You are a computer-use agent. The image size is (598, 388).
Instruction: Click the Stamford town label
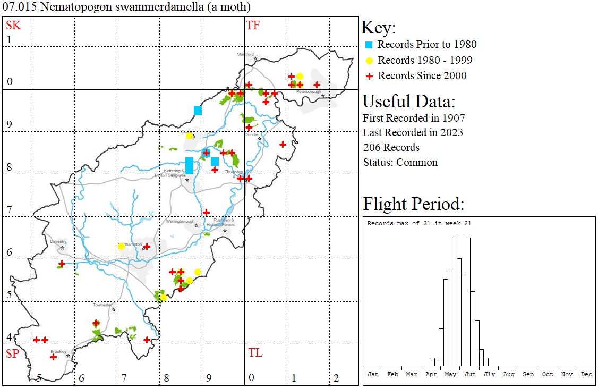tap(245, 54)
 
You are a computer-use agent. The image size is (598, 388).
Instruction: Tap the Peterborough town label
tap(309, 92)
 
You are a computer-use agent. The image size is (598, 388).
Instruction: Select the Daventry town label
tap(58, 241)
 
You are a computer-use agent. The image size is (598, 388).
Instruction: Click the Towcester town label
tap(102, 305)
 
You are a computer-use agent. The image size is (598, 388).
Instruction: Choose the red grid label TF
tap(253, 25)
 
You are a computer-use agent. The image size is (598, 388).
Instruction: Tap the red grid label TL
tap(255, 353)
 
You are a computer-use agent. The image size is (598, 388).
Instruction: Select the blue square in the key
tap(369, 45)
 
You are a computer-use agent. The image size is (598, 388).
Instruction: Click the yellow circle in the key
tap(369, 61)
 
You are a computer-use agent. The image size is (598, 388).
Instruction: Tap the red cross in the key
tap(369, 76)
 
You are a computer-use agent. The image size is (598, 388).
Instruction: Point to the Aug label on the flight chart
tap(508, 374)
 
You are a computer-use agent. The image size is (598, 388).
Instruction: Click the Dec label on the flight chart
tap(586, 374)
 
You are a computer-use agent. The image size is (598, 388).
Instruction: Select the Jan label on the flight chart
tap(373, 374)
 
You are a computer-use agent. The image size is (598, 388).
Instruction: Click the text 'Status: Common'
tap(400, 162)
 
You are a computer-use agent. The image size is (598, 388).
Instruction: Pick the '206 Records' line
tap(391, 147)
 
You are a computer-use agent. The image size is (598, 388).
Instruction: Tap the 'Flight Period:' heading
tap(413, 204)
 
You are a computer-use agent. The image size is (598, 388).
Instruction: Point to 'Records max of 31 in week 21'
tap(419, 223)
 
